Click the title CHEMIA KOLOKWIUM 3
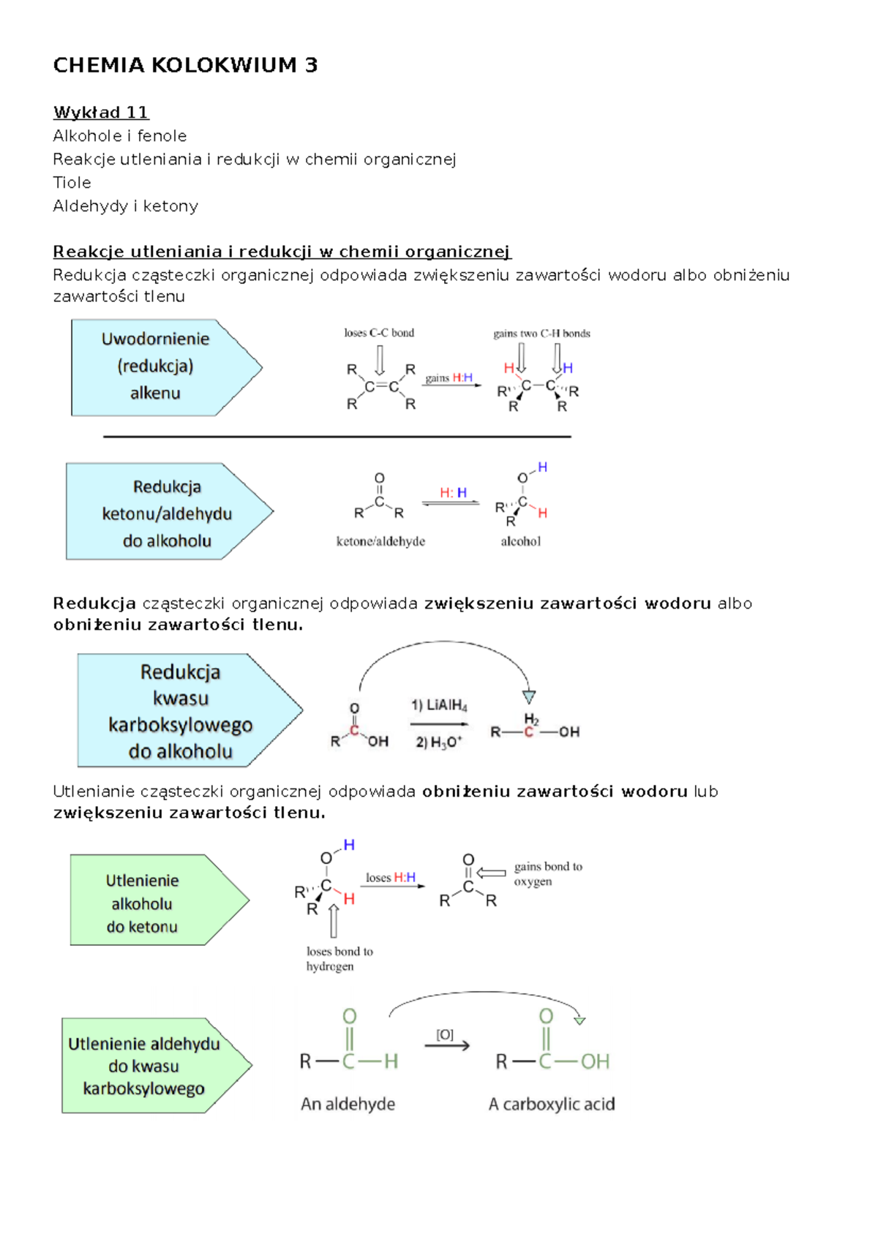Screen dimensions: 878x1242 click(185, 65)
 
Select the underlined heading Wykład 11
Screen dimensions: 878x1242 click(101, 113)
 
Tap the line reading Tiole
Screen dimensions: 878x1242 click(72, 182)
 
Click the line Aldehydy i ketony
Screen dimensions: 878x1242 click(125, 206)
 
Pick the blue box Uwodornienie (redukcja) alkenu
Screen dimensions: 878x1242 click(166, 367)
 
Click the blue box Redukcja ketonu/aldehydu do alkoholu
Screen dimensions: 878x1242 click(169, 511)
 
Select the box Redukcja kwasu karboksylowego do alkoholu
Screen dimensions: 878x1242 click(190, 710)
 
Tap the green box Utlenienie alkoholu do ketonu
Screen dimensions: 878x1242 click(160, 900)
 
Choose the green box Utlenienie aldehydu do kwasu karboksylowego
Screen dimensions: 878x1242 click(157, 1066)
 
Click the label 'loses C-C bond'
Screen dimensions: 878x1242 click(379, 333)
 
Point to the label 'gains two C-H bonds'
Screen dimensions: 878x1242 click(541, 334)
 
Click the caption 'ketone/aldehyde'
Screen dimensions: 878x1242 click(380, 541)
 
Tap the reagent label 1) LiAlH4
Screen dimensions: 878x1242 click(439, 705)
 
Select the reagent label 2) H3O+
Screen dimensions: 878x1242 click(439, 742)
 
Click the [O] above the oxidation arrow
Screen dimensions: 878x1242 click(445, 1034)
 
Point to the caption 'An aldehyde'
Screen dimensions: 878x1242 click(348, 1104)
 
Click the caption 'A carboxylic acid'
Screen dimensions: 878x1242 click(552, 1104)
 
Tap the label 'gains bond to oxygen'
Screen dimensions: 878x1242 click(548, 874)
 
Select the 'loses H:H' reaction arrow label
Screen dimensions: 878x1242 click(391, 878)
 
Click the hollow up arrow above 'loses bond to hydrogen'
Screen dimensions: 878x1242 click(334, 920)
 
